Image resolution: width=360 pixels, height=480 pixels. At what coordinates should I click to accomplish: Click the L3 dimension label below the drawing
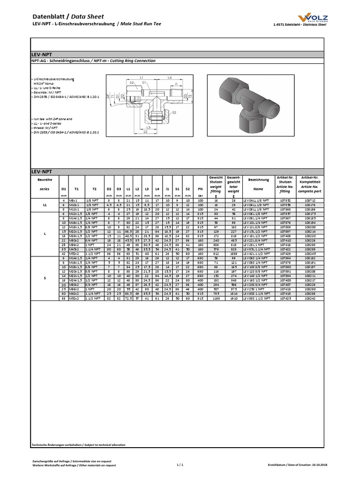(x=148, y=127)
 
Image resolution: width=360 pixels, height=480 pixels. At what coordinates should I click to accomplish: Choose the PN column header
(x=200, y=189)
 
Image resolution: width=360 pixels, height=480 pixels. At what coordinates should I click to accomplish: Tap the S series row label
(x=45, y=278)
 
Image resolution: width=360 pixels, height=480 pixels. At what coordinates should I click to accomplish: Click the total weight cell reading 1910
(x=233, y=298)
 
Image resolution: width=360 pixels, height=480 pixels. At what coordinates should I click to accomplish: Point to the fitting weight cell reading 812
(x=216, y=254)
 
